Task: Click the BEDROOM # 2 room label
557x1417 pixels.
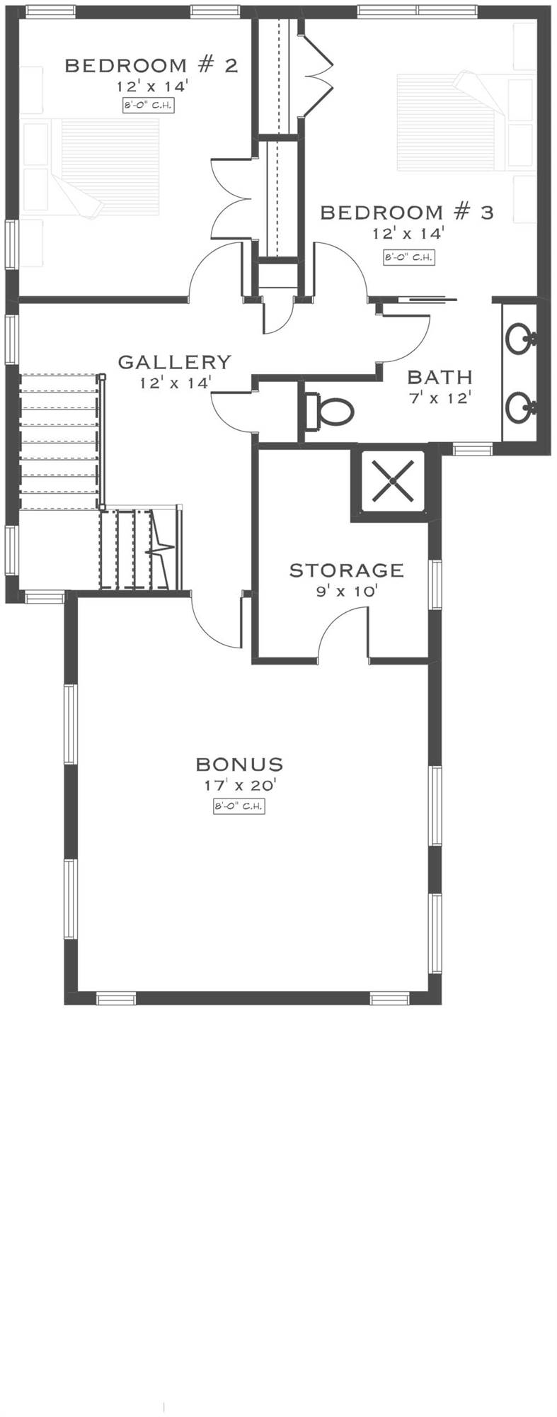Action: click(x=151, y=66)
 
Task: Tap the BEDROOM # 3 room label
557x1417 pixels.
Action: click(x=407, y=212)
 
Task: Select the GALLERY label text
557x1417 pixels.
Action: click(x=174, y=362)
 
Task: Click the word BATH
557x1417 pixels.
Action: click(x=440, y=377)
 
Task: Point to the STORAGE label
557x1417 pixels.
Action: click(x=346, y=570)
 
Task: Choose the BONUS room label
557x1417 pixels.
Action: click(x=239, y=764)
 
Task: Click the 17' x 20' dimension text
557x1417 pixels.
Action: click(x=239, y=785)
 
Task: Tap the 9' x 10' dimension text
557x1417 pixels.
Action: click(x=347, y=591)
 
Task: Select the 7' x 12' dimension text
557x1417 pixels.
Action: click(x=440, y=397)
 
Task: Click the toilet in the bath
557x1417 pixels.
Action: click(x=329, y=412)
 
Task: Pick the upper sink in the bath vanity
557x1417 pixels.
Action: click(x=522, y=338)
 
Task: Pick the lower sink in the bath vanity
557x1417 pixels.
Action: click(x=522, y=406)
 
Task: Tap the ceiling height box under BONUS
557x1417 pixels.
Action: click(x=239, y=806)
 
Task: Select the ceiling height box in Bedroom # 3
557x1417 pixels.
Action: click(x=408, y=257)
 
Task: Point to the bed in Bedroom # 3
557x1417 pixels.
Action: click(x=453, y=122)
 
